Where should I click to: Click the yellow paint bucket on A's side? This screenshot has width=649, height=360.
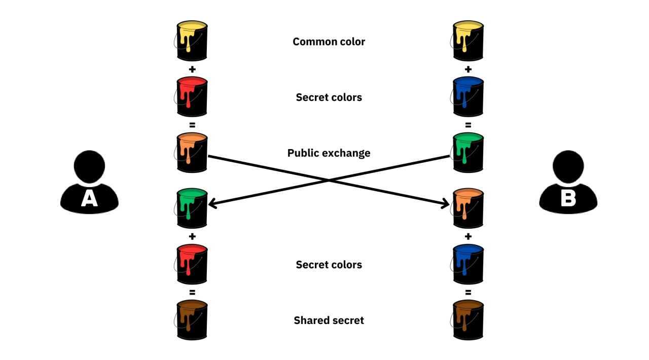192,41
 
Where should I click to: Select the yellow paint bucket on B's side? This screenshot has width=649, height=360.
468,41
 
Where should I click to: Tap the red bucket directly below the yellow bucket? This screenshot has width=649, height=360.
192,96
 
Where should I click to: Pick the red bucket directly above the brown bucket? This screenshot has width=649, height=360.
192,264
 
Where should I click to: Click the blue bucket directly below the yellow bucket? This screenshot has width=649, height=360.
468,96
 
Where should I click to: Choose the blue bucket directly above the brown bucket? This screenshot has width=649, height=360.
468,264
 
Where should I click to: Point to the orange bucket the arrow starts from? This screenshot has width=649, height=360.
192,152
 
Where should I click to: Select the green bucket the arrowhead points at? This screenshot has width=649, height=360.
192,208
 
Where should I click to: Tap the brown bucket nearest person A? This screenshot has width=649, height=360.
192,319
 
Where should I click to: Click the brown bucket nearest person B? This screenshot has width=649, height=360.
468,319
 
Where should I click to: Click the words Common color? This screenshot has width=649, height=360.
329,42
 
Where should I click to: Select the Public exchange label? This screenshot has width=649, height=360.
329,153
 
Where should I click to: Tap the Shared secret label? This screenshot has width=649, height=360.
329,320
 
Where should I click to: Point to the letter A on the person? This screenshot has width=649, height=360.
89,198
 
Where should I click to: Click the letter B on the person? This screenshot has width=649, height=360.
568,198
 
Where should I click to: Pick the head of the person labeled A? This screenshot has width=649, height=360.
89,167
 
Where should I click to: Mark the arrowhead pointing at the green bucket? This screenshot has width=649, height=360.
212,204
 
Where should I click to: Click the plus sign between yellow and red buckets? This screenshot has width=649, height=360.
192,69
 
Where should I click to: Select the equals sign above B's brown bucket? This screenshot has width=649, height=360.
468,292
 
